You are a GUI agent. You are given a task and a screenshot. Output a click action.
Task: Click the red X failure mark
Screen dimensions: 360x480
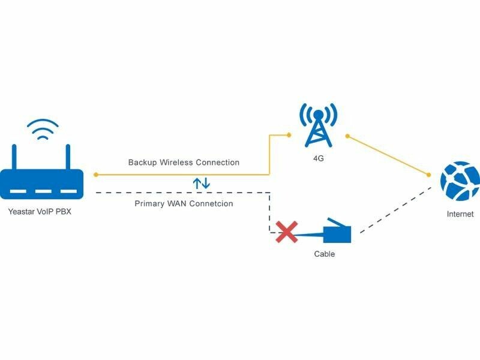click(x=287, y=232)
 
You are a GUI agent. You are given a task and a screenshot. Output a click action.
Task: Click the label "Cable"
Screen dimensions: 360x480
click(x=324, y=254)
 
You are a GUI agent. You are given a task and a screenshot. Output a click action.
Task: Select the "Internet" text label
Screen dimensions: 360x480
click(x=460, y=214)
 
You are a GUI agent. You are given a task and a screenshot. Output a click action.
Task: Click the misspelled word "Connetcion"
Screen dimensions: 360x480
click(x=212, y=204)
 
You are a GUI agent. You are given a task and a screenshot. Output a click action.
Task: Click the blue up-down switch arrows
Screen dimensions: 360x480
click(x=201, y=183)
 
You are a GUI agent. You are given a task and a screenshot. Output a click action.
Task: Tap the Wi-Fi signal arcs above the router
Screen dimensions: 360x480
click(x=43, y=128)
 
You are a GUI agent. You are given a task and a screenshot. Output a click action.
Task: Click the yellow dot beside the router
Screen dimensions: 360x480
click(x=96, y=175)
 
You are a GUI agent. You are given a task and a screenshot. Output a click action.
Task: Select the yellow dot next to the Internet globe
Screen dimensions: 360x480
click(x=429, y=175)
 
